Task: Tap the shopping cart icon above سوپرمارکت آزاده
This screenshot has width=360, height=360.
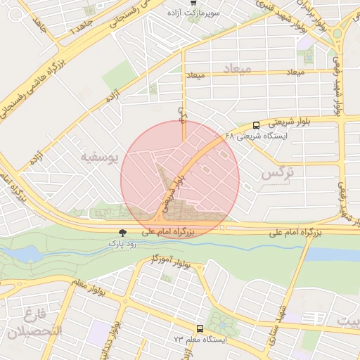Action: coord(194,3)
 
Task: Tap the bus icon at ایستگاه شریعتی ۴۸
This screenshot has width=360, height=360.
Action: coord(255,124)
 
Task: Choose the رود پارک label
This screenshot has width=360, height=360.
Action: coord(124,242)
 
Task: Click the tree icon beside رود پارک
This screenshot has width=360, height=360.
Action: coord(124,232)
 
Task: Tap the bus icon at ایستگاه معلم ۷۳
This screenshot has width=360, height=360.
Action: coord(200,328)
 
